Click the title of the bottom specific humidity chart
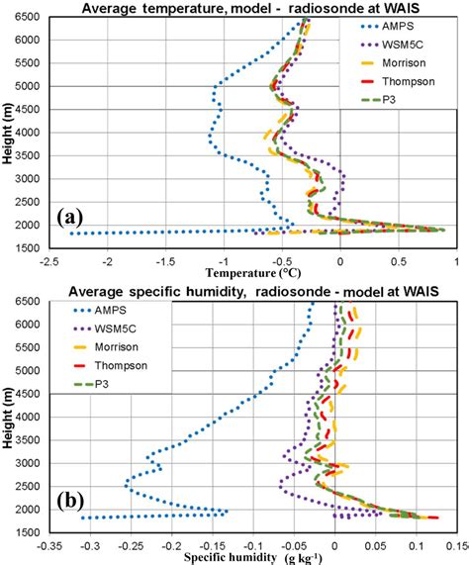pyautogui.click(x=254, y=289)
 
